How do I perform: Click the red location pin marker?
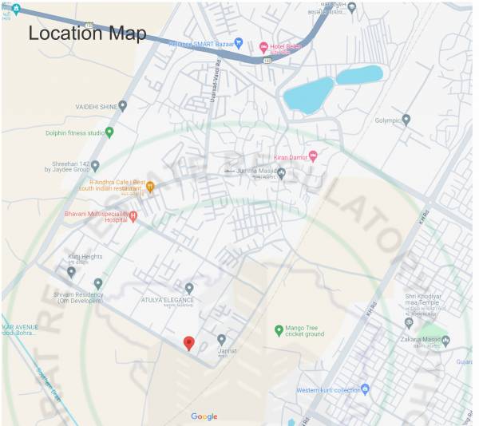pos(188,343)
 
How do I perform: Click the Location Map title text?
pos(88,34)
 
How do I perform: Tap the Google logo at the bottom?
pos(204,416)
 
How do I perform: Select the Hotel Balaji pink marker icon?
pos(263,46)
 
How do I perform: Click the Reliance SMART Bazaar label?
pos(199,43)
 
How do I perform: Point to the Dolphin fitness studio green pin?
pos(110,132)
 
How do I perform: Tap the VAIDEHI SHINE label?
pos(96,106)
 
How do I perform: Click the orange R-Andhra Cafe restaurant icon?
pos(149,186)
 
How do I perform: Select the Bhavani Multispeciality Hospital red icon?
pos(133,215)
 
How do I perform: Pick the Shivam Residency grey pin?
pos(98,283)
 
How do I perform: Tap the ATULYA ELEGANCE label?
pos(166,300)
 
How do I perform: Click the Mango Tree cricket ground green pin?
pos(279,329)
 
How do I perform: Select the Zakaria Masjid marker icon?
pos(445,341)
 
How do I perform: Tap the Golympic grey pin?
pos(406,120)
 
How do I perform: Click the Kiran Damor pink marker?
pos(313,156)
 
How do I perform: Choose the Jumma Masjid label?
pos(255,171)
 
